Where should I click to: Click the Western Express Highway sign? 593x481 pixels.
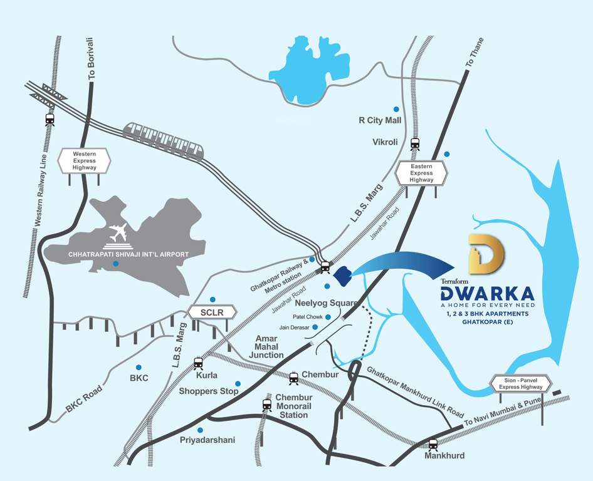tap(84, 160)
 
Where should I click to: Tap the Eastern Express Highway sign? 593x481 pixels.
tap(421, 172)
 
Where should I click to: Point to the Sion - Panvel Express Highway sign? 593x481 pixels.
tap(520, 383)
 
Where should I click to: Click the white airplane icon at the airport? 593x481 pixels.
tap(118, 233)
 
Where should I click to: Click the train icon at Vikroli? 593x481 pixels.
tap(414, 145)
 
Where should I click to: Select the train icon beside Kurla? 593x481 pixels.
tap(199, 363)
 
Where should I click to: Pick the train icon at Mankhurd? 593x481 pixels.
tap(433, 444)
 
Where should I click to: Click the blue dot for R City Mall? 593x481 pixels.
tap(396, 109)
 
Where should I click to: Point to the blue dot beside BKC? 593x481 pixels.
tap(139, 367)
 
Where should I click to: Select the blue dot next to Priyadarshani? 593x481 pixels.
tap(200, 430)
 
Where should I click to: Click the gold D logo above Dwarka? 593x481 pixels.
tap(485, 256)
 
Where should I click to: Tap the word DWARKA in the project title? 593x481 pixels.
tap(486, 294)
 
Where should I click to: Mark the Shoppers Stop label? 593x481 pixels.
tap(209, 391)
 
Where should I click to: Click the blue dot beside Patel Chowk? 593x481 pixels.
tap(328, 317)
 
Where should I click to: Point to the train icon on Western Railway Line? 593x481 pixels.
tap(50, 120)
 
